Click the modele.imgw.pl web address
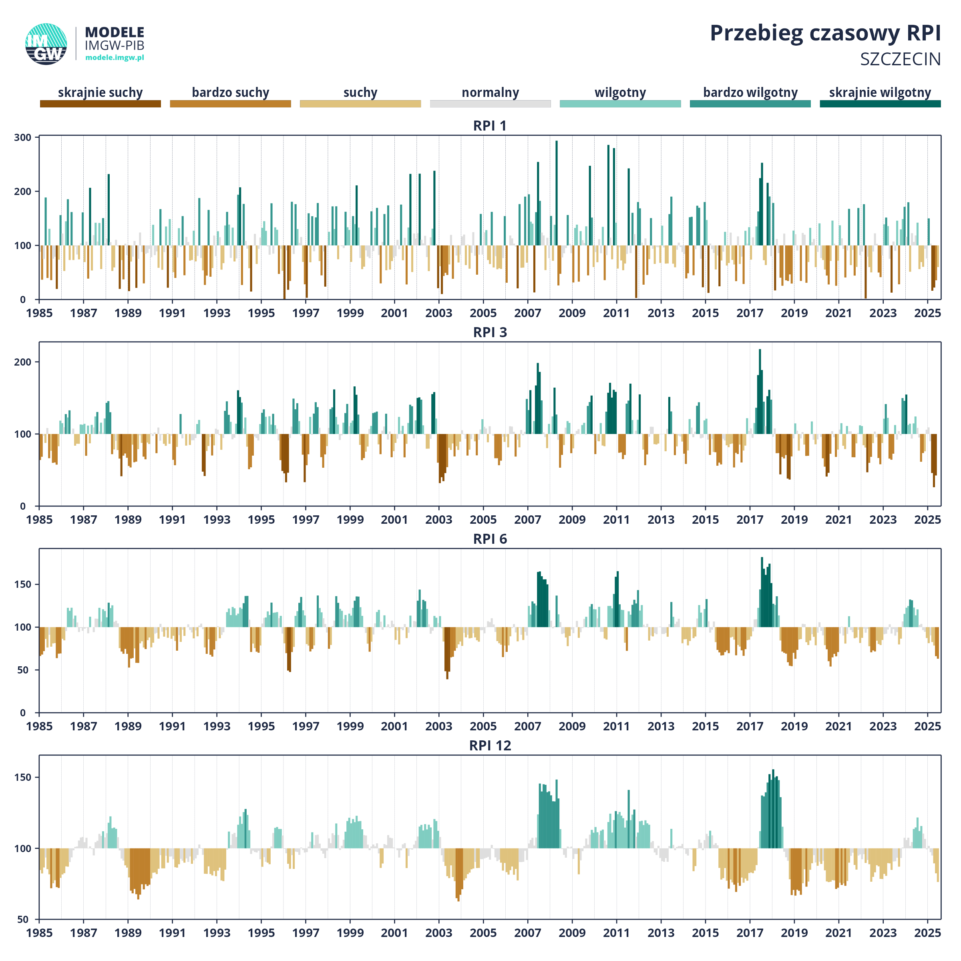115,58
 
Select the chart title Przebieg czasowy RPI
825,34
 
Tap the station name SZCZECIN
900,59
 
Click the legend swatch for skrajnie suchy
101,103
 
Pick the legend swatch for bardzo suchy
230,103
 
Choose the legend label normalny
491,92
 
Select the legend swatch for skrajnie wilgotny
881,103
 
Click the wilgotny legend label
620,92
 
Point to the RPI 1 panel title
490,126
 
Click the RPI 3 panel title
490,332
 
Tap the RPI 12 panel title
490,746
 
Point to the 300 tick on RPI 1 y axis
23,137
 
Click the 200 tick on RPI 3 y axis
23,362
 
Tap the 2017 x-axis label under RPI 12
750,933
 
